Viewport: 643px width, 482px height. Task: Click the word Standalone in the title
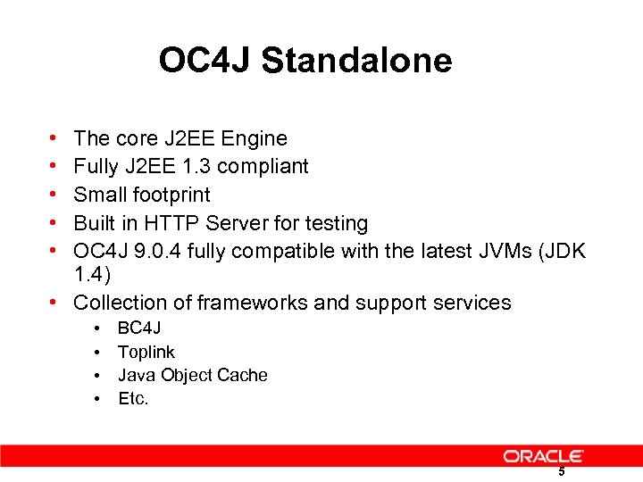tap(357, 61)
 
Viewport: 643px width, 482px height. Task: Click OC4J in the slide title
tap(206, 61)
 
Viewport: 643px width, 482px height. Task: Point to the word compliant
tap(263, 166)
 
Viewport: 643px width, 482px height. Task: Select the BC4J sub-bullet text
tap(139, 328)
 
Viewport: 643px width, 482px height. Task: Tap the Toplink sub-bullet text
tap(146, 352)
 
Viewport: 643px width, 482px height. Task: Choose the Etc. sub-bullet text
tap(133, 398)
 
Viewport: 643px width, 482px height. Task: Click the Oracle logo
tap(543, 456)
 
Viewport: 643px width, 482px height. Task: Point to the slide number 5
tap(561, 471)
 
